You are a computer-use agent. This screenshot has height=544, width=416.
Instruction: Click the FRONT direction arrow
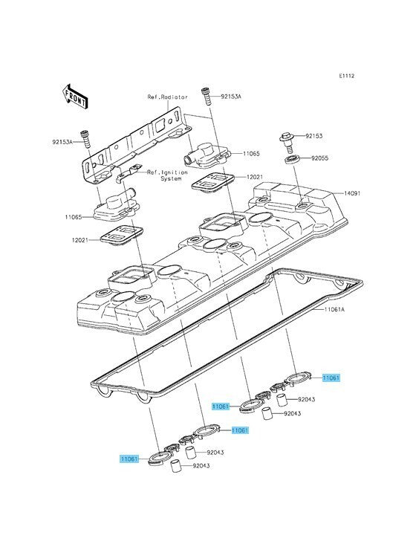coord(74,95)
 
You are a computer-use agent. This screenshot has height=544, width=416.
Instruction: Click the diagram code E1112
coord(347,76)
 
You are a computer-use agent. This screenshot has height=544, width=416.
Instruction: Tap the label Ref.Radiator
coord(167,97)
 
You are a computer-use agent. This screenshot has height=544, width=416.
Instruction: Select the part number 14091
coord(352,193)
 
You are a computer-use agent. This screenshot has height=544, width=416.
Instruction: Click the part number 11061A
coord(334,309)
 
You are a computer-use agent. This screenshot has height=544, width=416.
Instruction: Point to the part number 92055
coord(319,158)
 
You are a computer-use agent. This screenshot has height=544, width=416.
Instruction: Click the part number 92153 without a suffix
coord(313,136)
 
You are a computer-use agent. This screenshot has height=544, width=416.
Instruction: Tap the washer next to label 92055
coord(293,160)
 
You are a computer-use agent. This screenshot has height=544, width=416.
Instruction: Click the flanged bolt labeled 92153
coord(287,143)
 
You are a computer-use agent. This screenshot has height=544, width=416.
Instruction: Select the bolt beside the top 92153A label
coord(207,97)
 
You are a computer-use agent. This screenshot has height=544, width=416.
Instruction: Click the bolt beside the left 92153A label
coord(85,140)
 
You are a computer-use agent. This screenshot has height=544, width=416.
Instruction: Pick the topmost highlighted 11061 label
coord(331,378)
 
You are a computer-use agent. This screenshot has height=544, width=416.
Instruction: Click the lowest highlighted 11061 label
coord(129,459)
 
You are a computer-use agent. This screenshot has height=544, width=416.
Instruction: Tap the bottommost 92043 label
coord(201,466)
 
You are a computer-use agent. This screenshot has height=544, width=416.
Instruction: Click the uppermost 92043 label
coord(307,400)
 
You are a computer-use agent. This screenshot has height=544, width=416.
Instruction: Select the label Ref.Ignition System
coord(167,175)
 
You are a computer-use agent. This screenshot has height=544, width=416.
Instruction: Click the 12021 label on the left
coord(80,240)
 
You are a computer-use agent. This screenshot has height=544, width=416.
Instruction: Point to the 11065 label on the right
coord(251,154)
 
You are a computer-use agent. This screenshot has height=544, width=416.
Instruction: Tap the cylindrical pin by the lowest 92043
coord(177,465)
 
